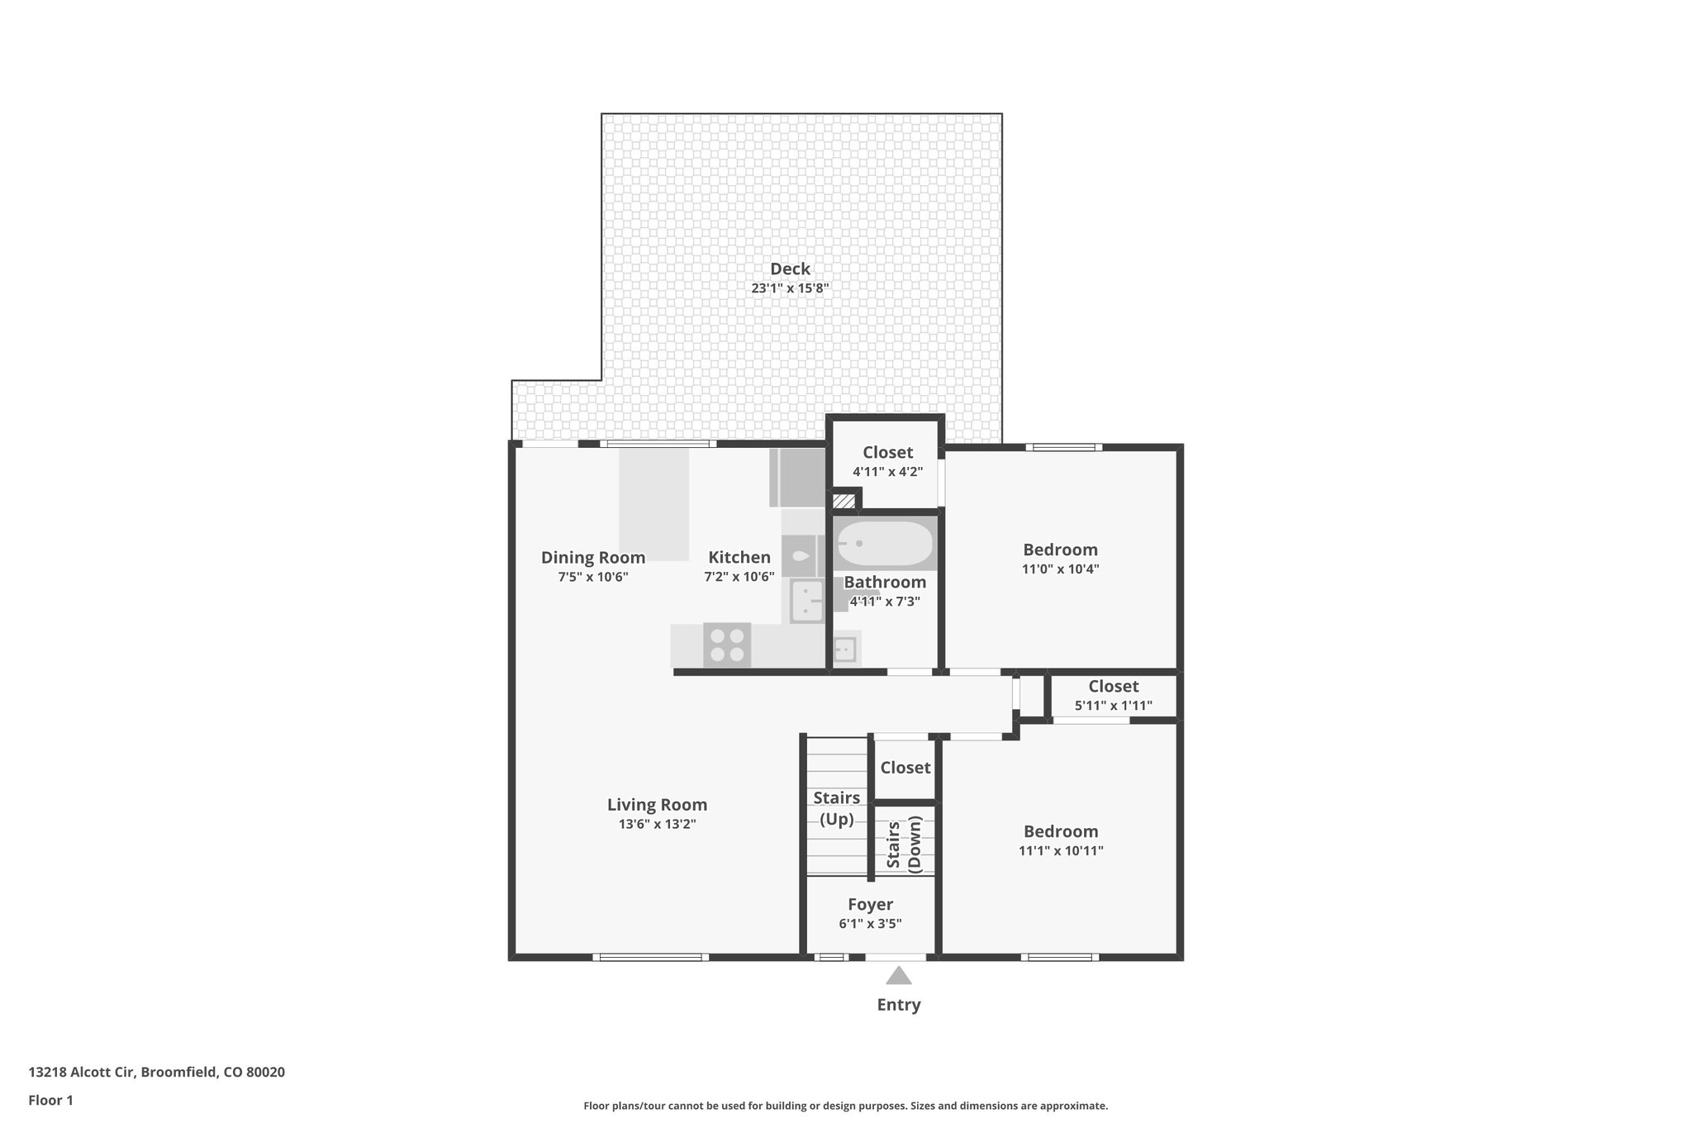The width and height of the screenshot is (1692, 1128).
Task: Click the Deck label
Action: click(790, 269)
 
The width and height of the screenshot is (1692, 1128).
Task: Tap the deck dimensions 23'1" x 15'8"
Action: click(790, 288)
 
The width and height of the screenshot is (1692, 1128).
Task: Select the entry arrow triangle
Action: click(898, 977)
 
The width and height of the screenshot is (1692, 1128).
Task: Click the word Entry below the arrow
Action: click(898, 1005)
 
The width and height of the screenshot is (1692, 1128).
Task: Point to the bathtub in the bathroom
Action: click(885, 543)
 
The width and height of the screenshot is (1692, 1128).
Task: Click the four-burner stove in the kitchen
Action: click(727, 645)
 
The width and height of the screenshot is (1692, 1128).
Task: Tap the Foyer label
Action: click(870, 904)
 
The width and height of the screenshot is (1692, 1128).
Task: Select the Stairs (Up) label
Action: click(836, 808)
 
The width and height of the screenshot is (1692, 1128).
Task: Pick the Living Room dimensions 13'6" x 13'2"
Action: click(657, 824)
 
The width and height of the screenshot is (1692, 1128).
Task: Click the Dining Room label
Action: click(592, 557)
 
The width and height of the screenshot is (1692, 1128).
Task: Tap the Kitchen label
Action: click(739, 557)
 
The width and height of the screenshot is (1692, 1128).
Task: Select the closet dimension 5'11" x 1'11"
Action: click(1113, 706)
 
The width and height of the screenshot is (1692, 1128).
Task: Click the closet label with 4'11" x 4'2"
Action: click(887, 452)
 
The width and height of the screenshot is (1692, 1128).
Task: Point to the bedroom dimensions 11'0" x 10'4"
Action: click(1060, 569)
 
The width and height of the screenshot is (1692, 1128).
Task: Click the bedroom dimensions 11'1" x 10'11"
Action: click(1061, 850)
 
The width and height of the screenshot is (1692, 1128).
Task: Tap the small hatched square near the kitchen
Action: click(844, 501)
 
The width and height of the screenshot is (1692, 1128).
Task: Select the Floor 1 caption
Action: click(50, 1100)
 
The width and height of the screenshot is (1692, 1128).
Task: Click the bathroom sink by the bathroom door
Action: click(844, 650)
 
